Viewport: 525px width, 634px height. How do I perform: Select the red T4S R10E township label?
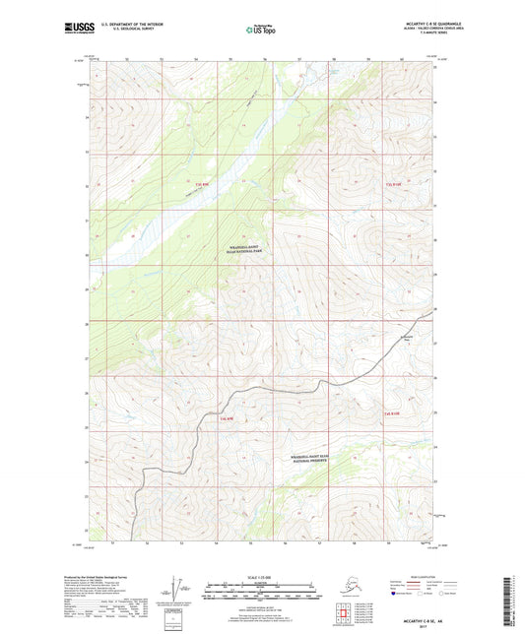click(392, 414)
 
